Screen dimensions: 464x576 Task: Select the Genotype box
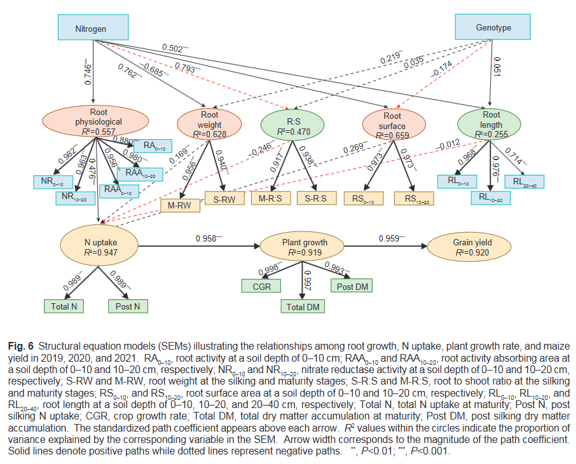(x=493, y=28)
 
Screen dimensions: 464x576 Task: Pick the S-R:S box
(x=316, y=198)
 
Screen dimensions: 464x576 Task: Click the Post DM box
(x=352, y=286)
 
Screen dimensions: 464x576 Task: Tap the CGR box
(x=262, y=286)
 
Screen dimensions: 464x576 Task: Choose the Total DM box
(x=303, y=306)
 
